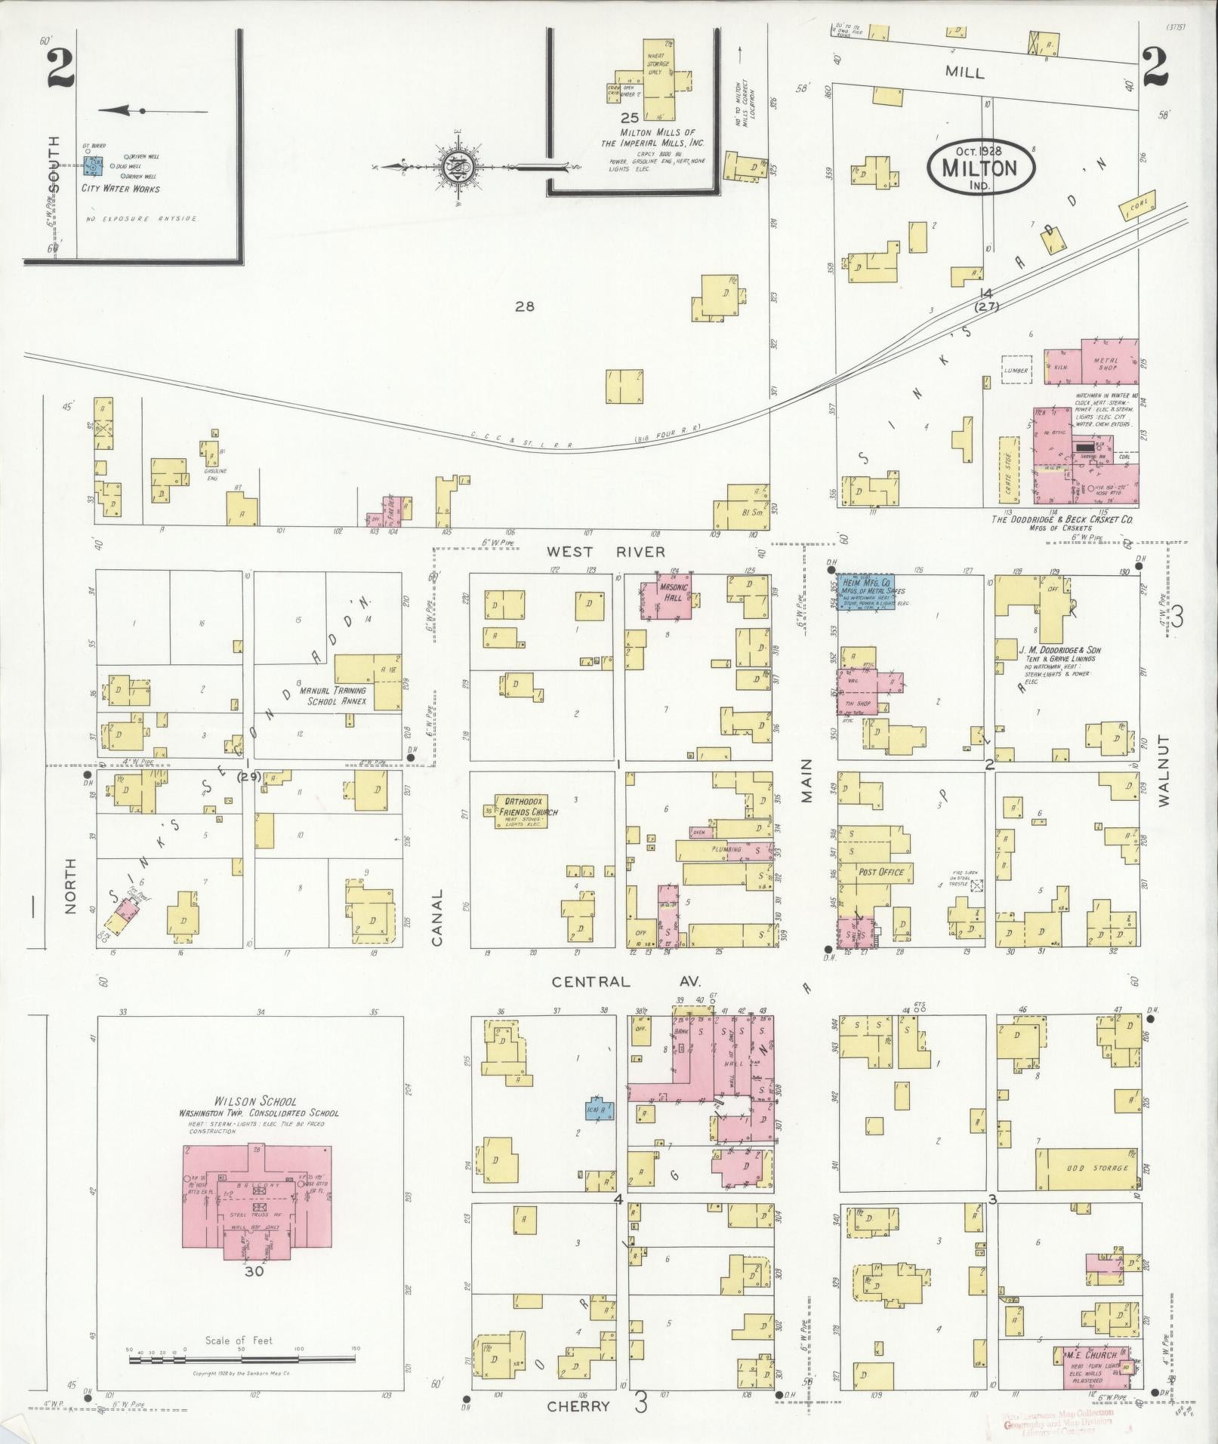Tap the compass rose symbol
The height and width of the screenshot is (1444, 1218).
tap(459, 166)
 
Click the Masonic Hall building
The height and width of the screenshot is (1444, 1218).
tap(668, 599)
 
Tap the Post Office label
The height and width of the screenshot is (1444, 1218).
tap(881, 872)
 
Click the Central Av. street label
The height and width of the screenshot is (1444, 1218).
tap(626, 982)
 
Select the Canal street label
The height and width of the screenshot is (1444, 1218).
tap(437, 917)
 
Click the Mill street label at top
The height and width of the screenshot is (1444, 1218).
tap(964, 72)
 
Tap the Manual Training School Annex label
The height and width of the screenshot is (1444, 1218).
tap(333, 695)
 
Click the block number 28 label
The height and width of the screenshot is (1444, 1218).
tap(524, 306)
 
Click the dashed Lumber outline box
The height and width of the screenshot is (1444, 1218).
tap(1016, 370)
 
